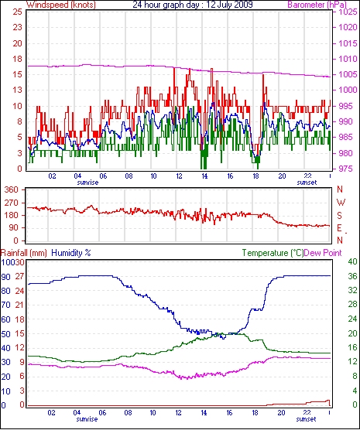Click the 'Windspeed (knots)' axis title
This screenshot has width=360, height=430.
coord(60,5)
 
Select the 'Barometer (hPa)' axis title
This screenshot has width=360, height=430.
coord(317,5)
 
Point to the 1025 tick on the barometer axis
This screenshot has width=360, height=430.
coord(348,12)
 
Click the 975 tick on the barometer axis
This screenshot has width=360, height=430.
coord(348,169)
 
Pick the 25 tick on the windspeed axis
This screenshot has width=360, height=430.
coord(17,12)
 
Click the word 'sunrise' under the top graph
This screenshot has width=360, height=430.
coord(87,183)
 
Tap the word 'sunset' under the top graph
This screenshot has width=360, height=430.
coord(307,183)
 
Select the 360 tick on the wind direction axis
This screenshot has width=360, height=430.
coord(12,189)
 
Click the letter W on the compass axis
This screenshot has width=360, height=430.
coord(341,203)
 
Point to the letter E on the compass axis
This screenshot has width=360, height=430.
coord(339,228)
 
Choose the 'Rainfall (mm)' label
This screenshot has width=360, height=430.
coord(24,253)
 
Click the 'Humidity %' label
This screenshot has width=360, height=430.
coord(71,253)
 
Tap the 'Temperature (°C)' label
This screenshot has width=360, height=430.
coord(273,253)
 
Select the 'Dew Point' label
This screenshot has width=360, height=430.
coord(323,253)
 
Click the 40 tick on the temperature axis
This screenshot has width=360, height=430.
coord(352,261)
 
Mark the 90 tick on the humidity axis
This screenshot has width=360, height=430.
coord(5,277)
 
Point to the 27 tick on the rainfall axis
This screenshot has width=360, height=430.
coord(19,276)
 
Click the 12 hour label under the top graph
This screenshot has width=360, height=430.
coord(179,176)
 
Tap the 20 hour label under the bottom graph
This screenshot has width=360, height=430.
coord(281,412)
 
